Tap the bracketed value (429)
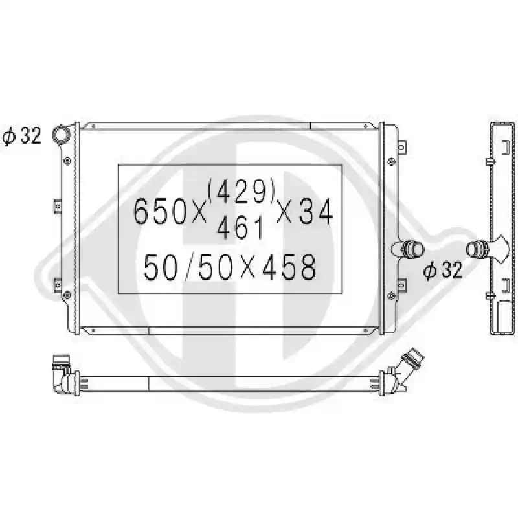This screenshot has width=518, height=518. (x=242, y=190)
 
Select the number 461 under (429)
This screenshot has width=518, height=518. (x=241, y=228)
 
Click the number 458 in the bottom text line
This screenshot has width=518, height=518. (x=289, y=267)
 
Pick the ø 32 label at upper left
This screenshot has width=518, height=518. (x=22, y=136)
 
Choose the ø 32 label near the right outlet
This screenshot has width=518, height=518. (x=443, y=271)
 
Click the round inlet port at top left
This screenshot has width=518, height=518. (x=62, y=134)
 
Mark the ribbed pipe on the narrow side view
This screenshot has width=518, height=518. (x=477, y=249)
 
